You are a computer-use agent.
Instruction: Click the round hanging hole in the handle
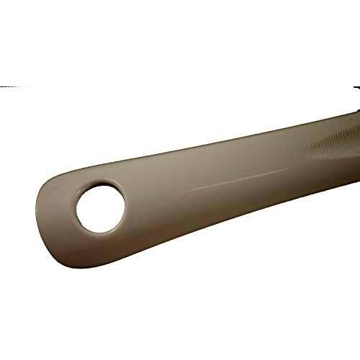(100, 207)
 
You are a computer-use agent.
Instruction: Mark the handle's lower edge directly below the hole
(100, 253)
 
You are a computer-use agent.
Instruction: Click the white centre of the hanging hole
(100, 207)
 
